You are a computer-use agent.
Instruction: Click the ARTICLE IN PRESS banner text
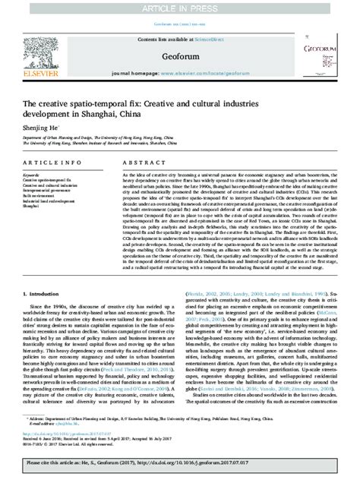pos(181,7)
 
